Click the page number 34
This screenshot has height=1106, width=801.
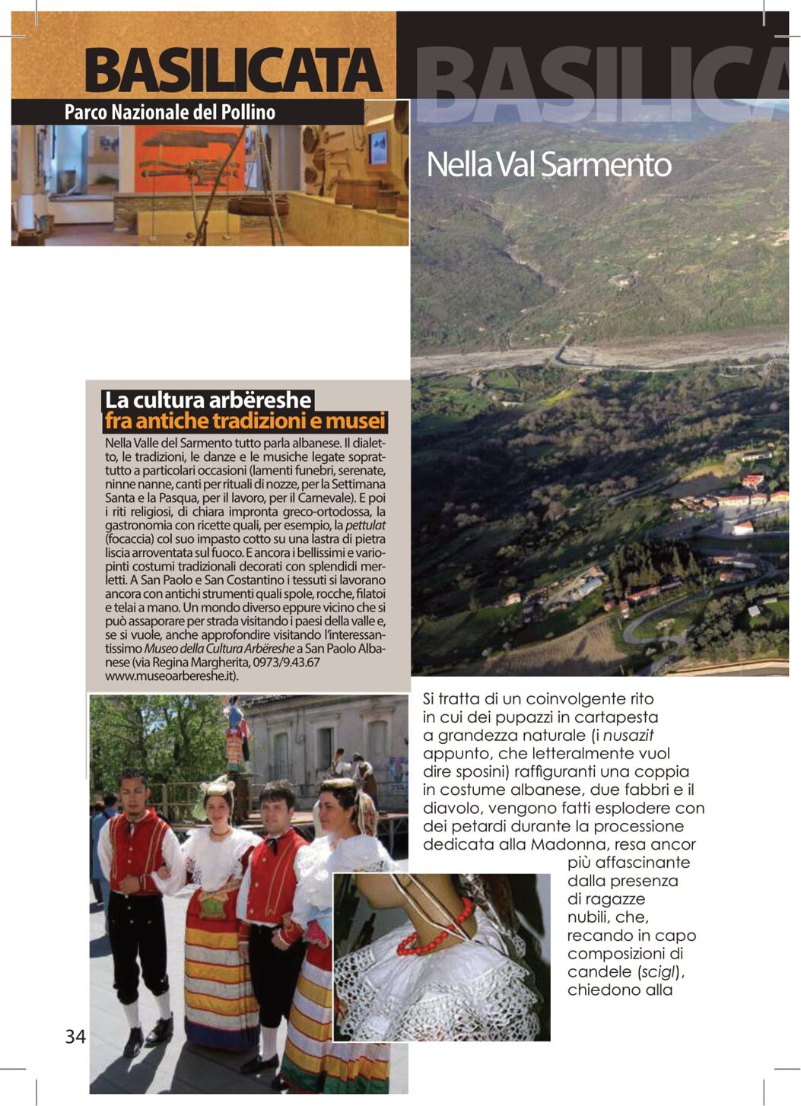click(75, 1036)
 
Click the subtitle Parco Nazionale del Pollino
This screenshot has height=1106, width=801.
click(170, 113)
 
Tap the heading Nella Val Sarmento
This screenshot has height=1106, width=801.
click(548, 164)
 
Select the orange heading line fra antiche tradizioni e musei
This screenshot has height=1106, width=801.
click(245, 421)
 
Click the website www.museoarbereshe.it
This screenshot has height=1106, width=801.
click(171, 675)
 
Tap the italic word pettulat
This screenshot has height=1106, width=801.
click(366, 526)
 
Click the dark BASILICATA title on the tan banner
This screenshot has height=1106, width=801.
click(233, 71)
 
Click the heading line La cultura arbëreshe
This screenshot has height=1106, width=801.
click(208, 400)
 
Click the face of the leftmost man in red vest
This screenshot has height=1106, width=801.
click(132, 790)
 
